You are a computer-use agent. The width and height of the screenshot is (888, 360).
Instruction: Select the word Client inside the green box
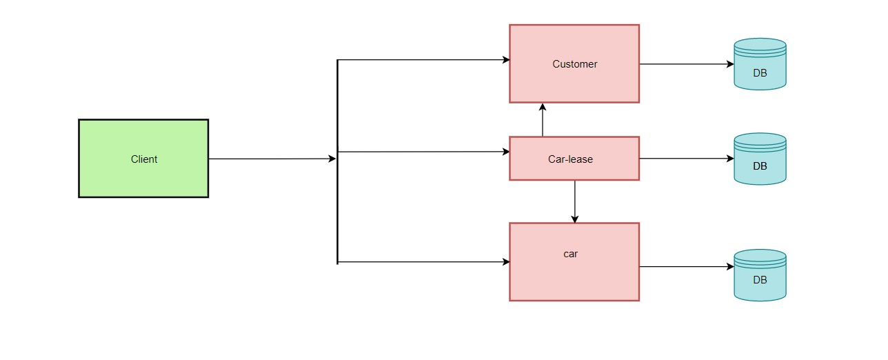(144, 159)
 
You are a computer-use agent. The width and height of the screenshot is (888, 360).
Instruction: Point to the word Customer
(574, 64)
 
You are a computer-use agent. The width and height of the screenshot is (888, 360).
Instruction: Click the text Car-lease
(570, 159)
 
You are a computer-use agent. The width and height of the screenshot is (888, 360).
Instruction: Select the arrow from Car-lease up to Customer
(543, 120)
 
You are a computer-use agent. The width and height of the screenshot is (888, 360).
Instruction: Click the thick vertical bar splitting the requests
(337, 207)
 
